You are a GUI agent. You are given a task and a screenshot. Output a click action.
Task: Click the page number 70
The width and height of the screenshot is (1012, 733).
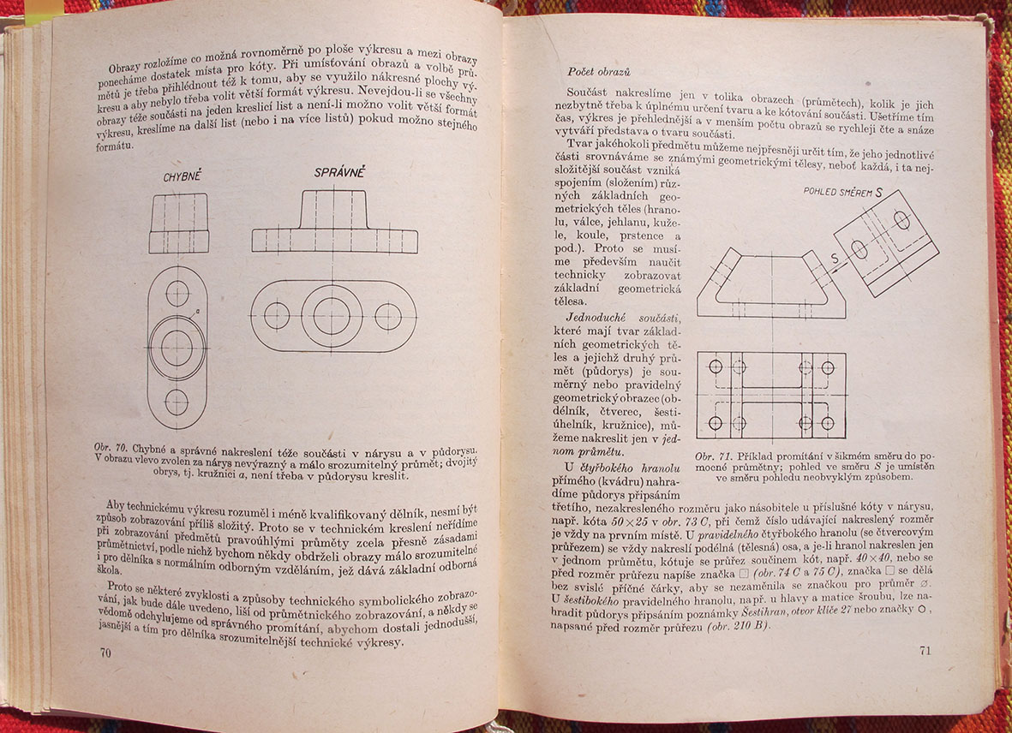(x=106, y=654)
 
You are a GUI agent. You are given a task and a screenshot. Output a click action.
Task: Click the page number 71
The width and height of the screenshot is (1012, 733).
(x=925, y=651)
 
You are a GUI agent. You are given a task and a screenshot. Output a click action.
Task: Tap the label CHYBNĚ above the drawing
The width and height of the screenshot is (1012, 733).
(x=182, y=177)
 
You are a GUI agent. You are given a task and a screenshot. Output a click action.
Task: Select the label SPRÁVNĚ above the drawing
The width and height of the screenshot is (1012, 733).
(x=339, y=173)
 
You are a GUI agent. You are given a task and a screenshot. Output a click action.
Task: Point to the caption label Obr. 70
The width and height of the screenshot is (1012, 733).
(x=110, y=448)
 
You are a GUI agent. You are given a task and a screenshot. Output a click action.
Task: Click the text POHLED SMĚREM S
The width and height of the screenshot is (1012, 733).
(x=842, y=193)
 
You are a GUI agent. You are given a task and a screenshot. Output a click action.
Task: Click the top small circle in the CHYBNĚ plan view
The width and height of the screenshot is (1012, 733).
(x=177, y=294)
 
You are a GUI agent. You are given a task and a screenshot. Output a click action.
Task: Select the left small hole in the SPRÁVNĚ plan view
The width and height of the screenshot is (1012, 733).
(x=277, y=316)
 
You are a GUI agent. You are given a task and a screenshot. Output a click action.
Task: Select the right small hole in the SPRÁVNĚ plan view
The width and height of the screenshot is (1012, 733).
(x=387, y=316)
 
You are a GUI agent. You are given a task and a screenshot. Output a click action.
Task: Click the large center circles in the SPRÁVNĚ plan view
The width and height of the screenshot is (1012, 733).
(x=332, y=316)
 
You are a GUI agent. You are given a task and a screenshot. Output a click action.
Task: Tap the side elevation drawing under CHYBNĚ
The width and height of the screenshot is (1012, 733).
(x=178, y=223)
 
